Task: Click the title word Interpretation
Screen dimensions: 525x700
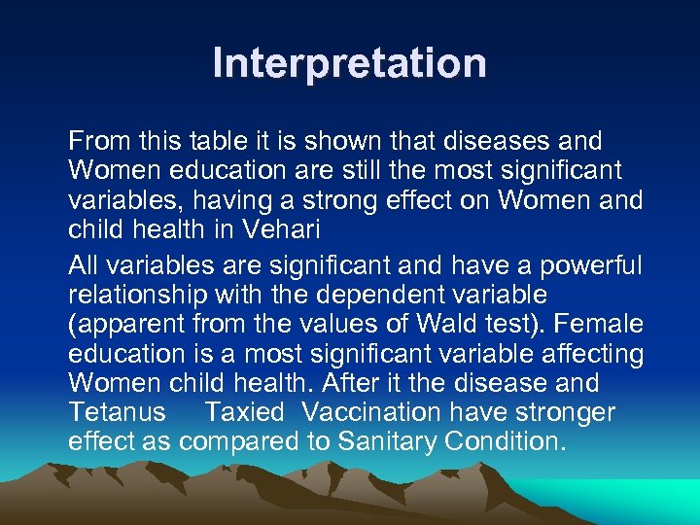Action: coord(350,64)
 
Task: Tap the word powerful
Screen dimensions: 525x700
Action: coord(590,263)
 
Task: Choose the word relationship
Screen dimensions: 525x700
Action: coord(143,294)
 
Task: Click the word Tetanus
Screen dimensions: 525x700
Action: coord(118,413)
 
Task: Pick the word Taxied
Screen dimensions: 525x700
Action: coord(244,413)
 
